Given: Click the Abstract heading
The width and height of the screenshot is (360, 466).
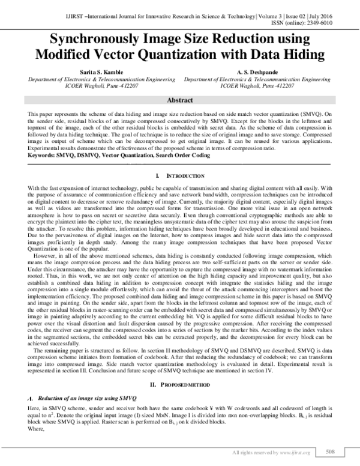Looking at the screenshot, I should click(x=179, y=101).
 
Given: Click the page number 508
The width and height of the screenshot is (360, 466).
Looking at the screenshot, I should click(x=329, y=451).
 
